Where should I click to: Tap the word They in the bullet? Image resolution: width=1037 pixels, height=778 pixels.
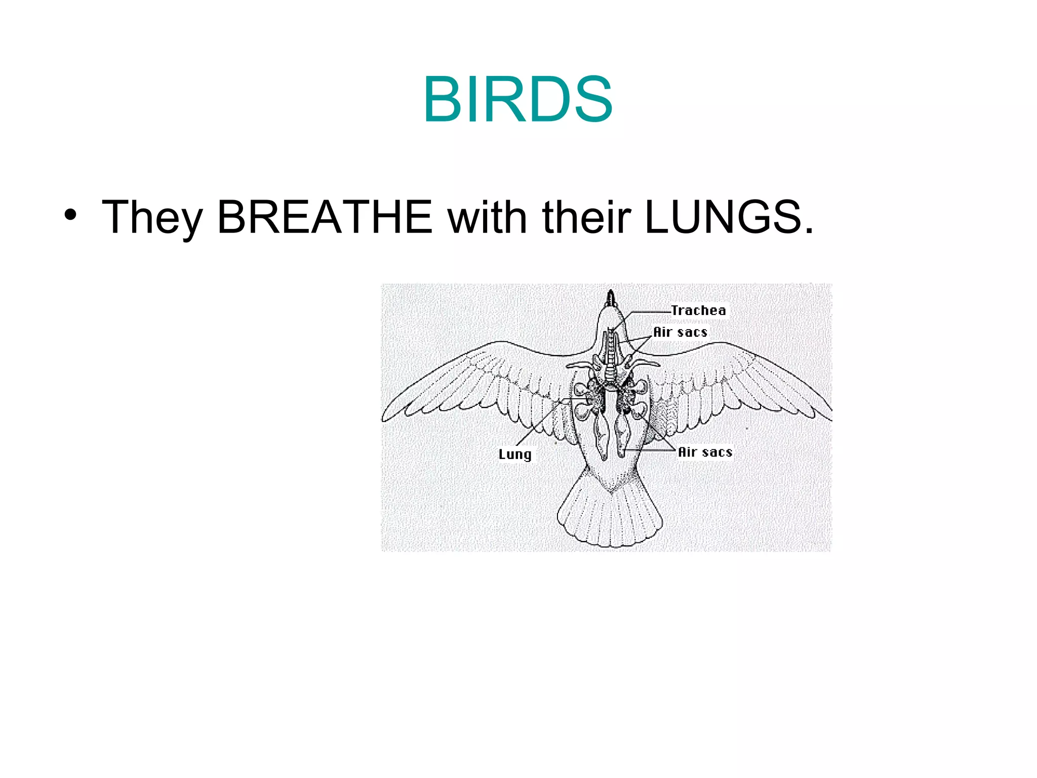pos(152,218)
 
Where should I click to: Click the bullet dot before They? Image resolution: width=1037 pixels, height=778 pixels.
pos(70,215)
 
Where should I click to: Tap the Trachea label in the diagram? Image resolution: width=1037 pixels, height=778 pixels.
pos(698,310)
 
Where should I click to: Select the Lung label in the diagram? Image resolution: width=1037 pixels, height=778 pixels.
pos(515,454)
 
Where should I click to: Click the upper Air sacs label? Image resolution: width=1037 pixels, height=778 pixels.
pos(680,332)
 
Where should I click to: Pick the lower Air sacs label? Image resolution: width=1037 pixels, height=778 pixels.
pos(705,452)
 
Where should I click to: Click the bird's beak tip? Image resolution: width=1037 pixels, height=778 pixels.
pos(611,293)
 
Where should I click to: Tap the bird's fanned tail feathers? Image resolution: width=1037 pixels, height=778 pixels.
pos(610,517)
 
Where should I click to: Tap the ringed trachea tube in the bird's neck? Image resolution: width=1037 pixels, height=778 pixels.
pos(612,355)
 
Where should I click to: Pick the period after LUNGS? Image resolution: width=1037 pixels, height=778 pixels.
pos(809,231)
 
